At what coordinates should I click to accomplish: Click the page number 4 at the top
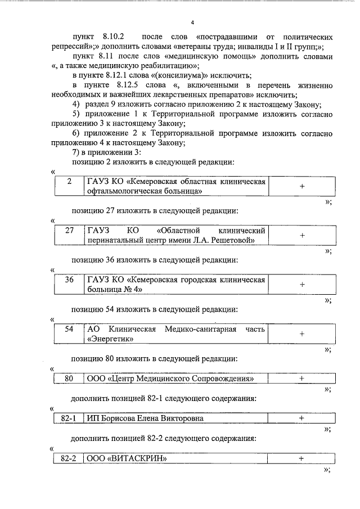click(192, 22)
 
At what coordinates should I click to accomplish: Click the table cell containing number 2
click(69, 182)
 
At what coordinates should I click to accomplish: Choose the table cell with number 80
click(69, 379)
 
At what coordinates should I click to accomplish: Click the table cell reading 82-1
click(69, 418)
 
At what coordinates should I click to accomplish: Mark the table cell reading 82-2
click(69, 458)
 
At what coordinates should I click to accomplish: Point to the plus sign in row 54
click(301, 334)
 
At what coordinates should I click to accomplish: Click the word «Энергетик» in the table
click(109, 339)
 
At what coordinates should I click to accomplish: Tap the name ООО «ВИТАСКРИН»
click(127, 458)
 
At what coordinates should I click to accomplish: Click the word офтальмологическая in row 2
click(121, 192)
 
